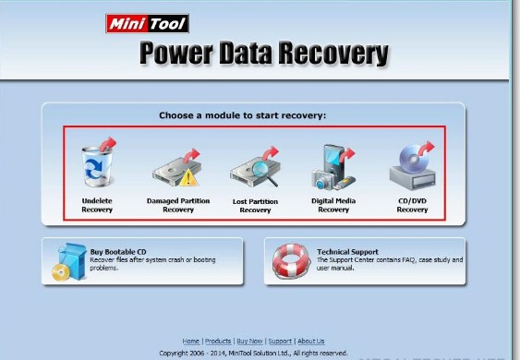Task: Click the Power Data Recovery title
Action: point(263,54)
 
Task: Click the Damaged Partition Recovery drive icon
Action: point(176,168)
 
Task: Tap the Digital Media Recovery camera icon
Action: point(333,167)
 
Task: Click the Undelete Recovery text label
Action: point(96,205)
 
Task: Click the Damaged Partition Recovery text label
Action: point(178,205)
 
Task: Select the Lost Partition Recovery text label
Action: point(255,205)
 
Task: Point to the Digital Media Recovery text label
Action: point(333,205)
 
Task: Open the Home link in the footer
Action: point(190,341)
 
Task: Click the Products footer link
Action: point(218,341)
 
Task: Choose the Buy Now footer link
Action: point(249,341)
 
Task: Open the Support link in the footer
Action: point(280,341)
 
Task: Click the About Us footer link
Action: point(311,341)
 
